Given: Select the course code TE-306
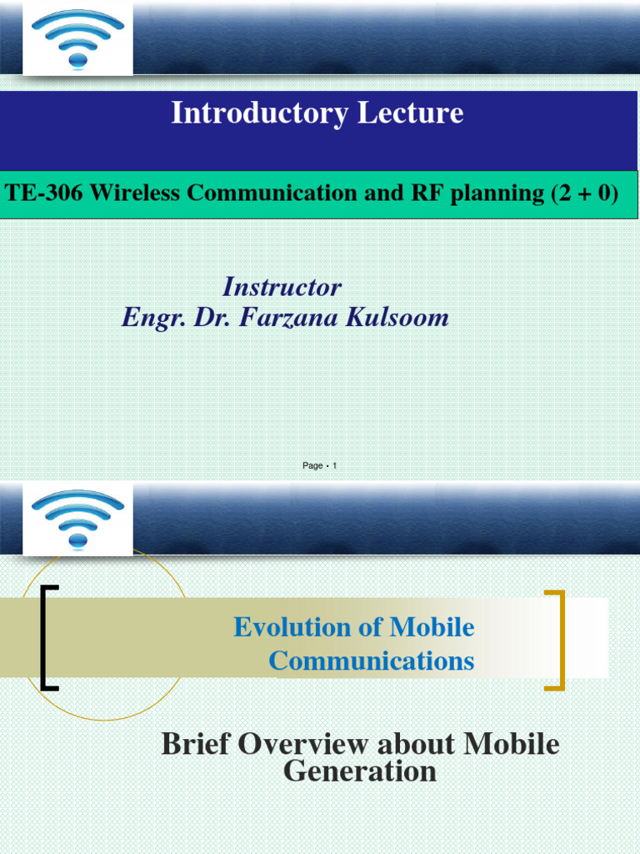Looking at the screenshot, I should [x=43, y=193].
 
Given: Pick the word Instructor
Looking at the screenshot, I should [x=282, y=287].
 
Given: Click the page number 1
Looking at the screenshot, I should [x=334, y=466].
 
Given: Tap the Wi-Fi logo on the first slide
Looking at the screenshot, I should [x=77, y=39].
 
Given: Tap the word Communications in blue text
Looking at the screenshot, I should [x=372, y=661].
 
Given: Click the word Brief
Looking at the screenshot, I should [x=195, y=743].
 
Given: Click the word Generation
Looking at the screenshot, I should [x=360, y=771].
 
